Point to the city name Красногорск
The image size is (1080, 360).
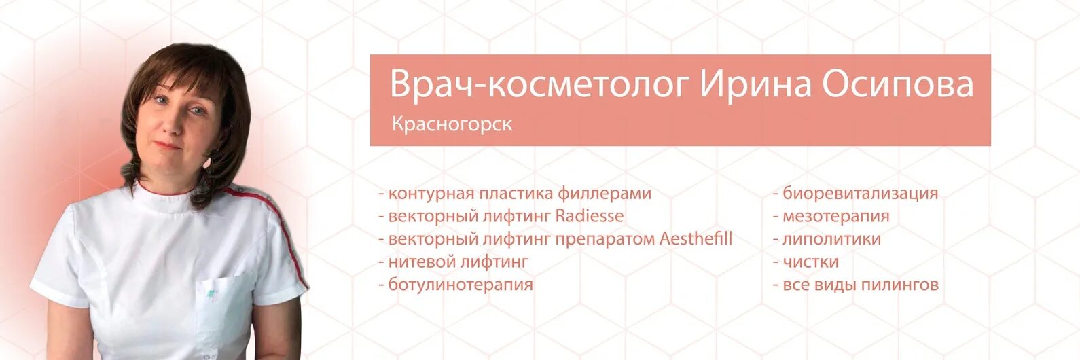(x=452, y=125)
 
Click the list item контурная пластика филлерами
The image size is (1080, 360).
(x=515, y=194)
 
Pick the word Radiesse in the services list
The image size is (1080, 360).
(x=589, y=216)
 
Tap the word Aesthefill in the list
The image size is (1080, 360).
(x=696, y=239)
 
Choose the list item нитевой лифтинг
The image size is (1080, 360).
(x=453, y=262)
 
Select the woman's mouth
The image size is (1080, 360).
(x=172, y=145)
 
